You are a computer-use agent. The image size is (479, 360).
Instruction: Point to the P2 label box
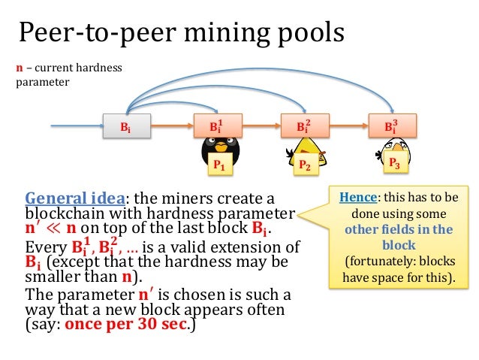(305, 165)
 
